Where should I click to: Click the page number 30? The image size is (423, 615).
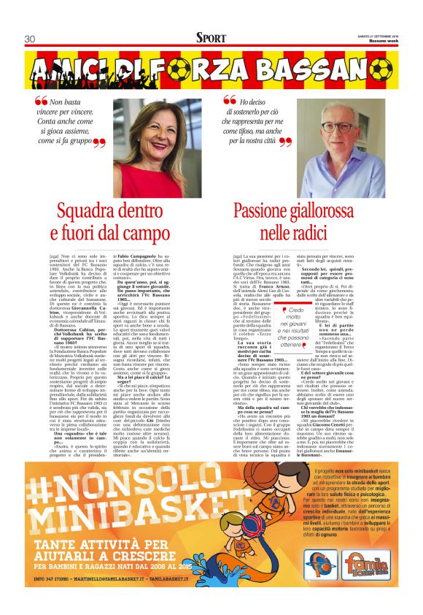(x=30, y=39)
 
